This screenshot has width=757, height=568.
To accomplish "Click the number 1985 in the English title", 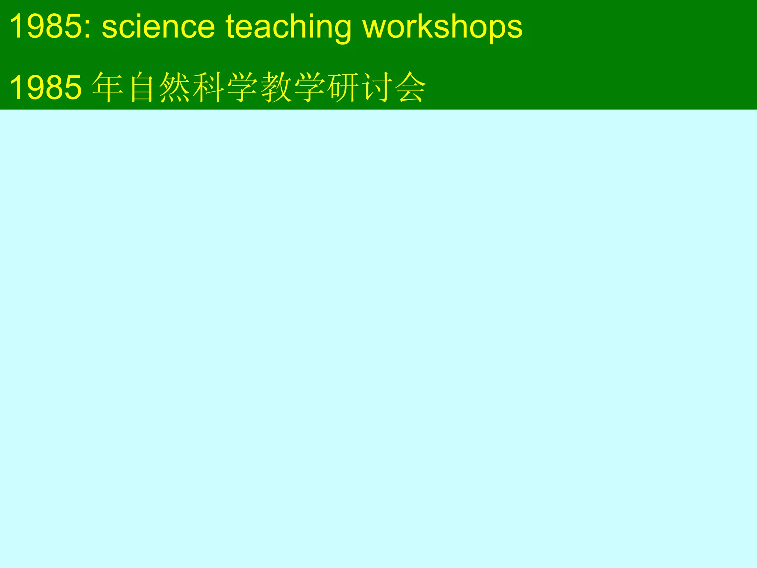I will tap(46, 27).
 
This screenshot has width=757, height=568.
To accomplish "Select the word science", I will tap(158, 27).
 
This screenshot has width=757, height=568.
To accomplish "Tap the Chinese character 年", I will tap(108, 88).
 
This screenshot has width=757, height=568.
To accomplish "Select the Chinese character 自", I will tap(142, 88).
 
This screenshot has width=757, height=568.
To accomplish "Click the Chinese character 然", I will tap(175, 88).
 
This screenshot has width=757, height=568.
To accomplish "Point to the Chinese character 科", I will tap(209, 88).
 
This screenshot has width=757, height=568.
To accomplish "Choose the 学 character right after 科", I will tap(242, 88).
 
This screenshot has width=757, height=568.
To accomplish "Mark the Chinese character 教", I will tap(276, 88).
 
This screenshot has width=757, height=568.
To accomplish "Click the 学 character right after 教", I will tap(310, 88).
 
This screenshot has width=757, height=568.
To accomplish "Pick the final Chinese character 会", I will tap(411, 88).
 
